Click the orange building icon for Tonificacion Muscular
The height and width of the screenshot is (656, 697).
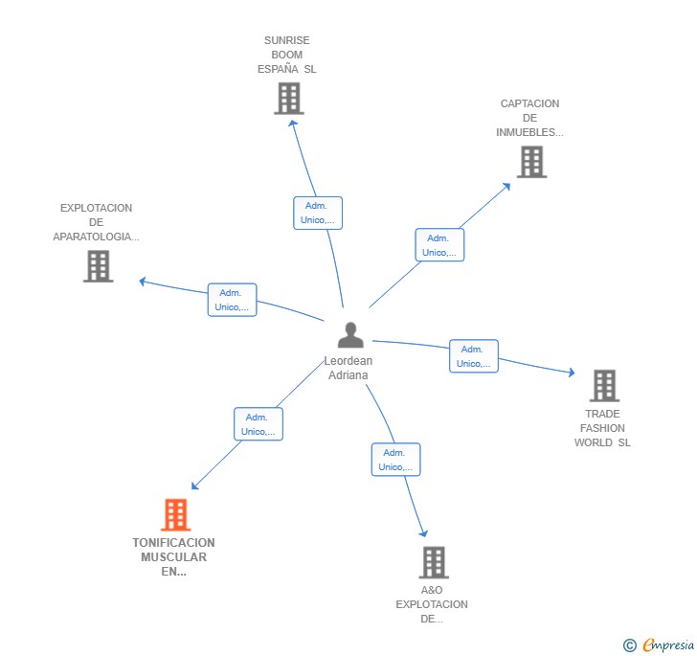[175, 514]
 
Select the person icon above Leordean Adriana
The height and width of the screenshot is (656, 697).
[350, 335]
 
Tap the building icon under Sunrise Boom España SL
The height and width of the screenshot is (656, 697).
[289, 99]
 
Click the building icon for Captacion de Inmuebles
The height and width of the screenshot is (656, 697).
[531, 162]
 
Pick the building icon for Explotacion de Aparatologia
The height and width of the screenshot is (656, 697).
[99, 266]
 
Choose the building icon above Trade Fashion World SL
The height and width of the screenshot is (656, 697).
[604, 385]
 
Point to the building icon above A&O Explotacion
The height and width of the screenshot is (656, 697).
[434, 562]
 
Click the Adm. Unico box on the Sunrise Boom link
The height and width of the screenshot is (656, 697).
[318, 213]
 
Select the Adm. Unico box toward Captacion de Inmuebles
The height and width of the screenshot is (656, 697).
[439, 244]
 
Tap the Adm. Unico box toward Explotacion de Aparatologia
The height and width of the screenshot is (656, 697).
[232, 300]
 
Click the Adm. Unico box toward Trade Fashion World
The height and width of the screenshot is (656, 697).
[474, 356]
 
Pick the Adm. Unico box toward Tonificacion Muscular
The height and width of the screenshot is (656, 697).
[259, 424]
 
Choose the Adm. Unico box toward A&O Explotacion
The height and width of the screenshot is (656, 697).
[395, 460]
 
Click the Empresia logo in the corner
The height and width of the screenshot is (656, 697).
[660, 645]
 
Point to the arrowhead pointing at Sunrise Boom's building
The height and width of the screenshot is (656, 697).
[293, 124]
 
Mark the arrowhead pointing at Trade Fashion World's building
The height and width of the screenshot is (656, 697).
[572, 373]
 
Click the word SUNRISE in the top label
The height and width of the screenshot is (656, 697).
[286, 40]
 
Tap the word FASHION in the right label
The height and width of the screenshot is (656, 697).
[602, 428]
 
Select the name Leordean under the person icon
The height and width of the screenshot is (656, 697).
[348, 361]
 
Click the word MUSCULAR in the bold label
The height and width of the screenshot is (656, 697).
[174, 557]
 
